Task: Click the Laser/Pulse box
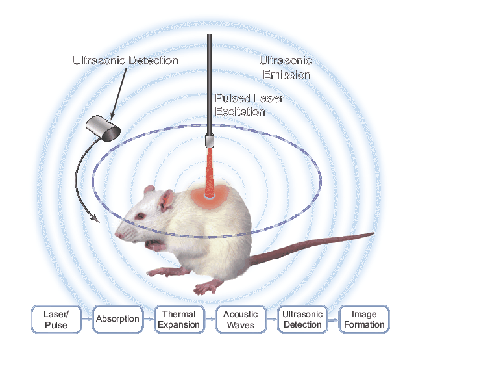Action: (x=56, y=319)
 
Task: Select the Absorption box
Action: (x=117, y=319)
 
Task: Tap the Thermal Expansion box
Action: (x=179, y=319)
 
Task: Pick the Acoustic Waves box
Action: (x=241, y=319)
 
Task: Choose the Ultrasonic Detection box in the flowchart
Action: (x=302, y=319)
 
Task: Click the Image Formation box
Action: (x=364, y=319)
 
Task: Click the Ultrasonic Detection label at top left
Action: (x=125, y=61)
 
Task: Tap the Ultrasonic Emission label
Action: (x=285, y=68)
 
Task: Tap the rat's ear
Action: (x=162, y=198)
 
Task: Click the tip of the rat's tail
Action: (x=373, y=233)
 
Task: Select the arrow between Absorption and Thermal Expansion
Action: (x=148, y=319)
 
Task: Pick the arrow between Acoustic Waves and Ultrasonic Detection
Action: (x=271, y=319)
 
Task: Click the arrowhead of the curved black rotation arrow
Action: (x=97, y=219)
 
